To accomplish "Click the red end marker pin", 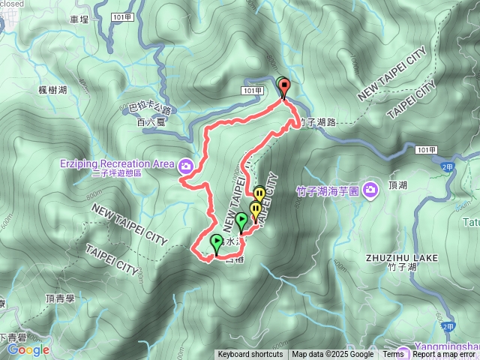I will click(284, 88).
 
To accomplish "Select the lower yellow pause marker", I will click(255, 210).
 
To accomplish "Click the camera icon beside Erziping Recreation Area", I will click(185, 165).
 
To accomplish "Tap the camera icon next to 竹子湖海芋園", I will click(369, 190).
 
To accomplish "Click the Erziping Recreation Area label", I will click(115, 163).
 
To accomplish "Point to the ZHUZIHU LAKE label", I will click(401, 257).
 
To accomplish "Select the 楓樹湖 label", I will click(52, 89).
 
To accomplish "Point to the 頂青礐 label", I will click(60, 298).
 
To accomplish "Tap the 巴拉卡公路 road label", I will click(151, 108).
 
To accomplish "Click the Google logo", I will click(28, 349).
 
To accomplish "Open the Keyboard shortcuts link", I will click(250, 355).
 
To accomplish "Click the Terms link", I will click(393, 355).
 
